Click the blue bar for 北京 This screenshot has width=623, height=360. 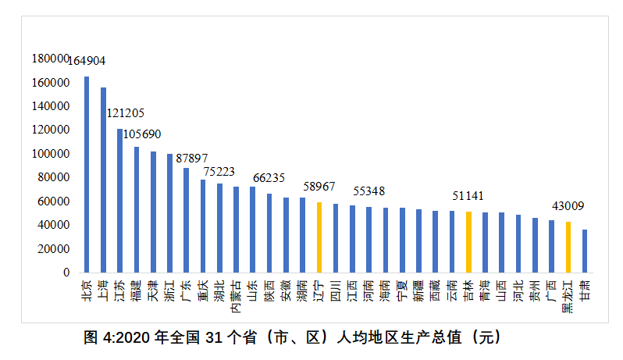pos(87,174)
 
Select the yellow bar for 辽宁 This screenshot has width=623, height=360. pos(319,237)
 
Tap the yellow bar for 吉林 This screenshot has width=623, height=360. pos(468,242)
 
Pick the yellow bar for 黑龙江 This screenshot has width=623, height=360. pos(568,247)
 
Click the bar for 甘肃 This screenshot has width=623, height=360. pos(585,251)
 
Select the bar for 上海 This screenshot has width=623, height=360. pos(103,180)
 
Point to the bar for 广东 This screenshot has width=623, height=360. pos(186,220)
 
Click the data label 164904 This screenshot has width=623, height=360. pos(87,61)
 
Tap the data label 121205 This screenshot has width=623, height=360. pos(125,113)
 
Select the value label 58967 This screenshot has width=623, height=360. pos(319,187)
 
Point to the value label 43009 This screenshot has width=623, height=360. pos(568,206)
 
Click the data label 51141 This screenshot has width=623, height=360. pos(468,196)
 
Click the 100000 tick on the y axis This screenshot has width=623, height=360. pos(51,154)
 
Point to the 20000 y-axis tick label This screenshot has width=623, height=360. pos(54,249)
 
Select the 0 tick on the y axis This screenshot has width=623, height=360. pos(66,273)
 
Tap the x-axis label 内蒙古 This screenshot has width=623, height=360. pos(236,297)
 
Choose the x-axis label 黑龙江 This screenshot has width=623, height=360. pos(568,297)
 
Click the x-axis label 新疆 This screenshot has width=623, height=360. pos(418,290)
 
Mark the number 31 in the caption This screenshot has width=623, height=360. pos(214,338)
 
